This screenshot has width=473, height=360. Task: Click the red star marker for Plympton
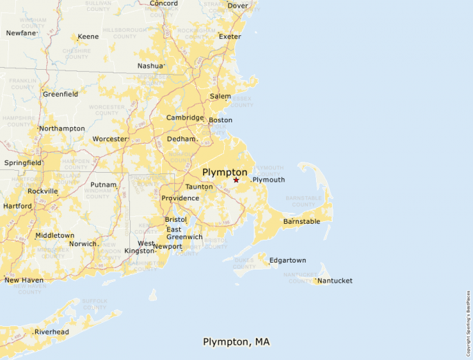pyautogui.click(x=236, y=180)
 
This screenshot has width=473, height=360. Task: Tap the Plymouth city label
pyautogui.click(x=268, y=180)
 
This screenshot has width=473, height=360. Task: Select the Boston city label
pyautogui.click(x=221, y=120)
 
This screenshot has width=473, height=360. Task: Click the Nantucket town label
pyautogui.click(x=335, y=281)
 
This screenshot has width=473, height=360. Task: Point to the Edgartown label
pyautogui.click(x=288, y=260)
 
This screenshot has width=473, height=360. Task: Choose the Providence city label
pyautogui.click(x=180, y=198)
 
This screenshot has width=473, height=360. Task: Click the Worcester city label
pyautogui.click(x=110, y=139)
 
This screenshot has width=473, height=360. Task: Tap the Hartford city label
pyautogui.click(x=17, y=206)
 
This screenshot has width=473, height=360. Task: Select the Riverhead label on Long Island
pyautogui.click(x=52, y=332)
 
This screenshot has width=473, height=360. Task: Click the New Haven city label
pyautogui.click(x=24, y=281)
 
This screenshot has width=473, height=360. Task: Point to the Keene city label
pyautogui.click(x=88, y=37)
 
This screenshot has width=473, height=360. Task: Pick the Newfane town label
pyautogui.click(x=21, y=33)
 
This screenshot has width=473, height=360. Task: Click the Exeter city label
pyautogui.click(x=230, y=37)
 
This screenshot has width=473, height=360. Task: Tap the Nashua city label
pyautogui.click(x=150, y=66)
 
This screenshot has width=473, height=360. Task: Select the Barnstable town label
pyautogui.click(x=302, y=222)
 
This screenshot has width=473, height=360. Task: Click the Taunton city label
pyautogui.click(x=199, y=187)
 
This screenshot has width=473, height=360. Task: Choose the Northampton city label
pyautogui.click(x=62, y=129)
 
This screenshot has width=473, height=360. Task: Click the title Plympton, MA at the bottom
pyautogui.click(x=236, y=342)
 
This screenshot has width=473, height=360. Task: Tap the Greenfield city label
pyautogui.click(x=60, y=94)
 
